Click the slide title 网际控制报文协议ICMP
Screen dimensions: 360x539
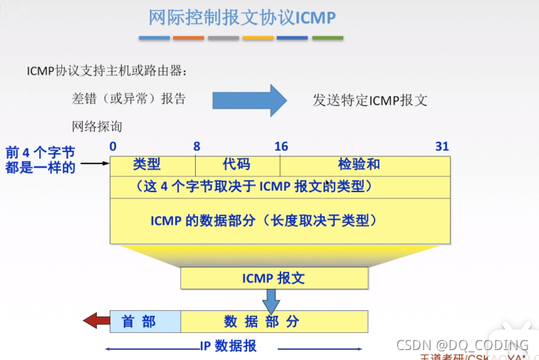241,17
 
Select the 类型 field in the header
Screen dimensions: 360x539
147,164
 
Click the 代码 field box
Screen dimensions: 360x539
236,164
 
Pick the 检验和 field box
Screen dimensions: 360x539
359,164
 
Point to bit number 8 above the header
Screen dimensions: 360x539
197,147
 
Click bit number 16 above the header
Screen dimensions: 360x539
281,147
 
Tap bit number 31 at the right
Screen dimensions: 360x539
442,147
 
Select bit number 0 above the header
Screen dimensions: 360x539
113,147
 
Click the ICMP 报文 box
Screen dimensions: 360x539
274,278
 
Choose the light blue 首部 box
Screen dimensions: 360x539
145,322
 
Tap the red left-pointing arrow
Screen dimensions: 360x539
95,322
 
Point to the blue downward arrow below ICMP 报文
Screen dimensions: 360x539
272,302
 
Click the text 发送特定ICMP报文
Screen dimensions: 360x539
370,100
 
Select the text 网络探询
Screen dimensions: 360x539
97,127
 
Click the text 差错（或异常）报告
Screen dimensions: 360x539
129,99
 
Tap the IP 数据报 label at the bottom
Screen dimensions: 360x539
227,346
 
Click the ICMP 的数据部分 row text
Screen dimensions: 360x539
263,221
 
